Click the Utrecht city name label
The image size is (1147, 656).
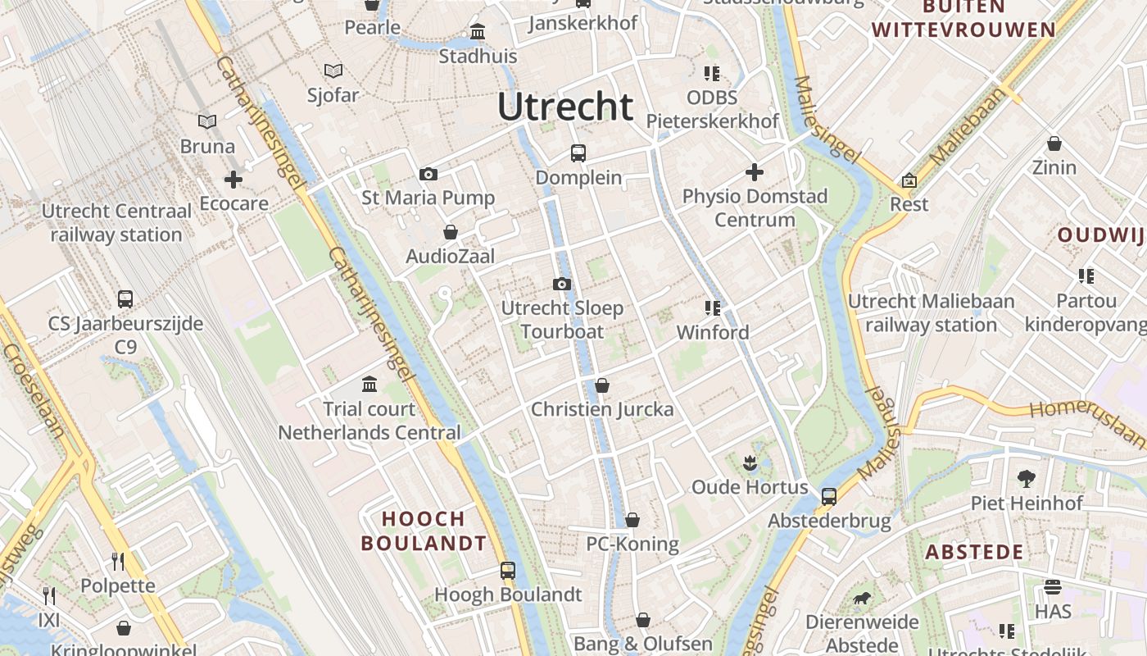click(x=565, y=107)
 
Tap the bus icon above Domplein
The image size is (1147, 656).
click(x=578, y=153)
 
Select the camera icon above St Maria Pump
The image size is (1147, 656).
click(x=428, y=174)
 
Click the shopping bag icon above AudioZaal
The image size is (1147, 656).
click(x=450, y=233)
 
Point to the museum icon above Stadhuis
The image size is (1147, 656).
click(x=478, y=32)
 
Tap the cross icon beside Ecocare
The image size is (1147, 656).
click(x=233, y=179)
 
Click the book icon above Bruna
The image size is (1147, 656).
click(x=207, y=122)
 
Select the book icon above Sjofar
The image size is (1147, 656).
click(x=333, y=71)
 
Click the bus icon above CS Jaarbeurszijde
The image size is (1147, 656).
click(x=125, y=299)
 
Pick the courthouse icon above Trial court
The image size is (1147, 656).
click(x=369, y=384)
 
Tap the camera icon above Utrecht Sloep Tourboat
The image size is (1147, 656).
click(x=561, y=285)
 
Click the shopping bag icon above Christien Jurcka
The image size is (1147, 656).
click(x=602, y=385)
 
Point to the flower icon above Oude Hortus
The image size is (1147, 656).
click(x=750, y=462)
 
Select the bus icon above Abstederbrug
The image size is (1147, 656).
click(x=829, y=496)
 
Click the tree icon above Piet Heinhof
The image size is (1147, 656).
click(x=1026, y=478)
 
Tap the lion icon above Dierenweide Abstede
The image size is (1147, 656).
click(x=862, y=598)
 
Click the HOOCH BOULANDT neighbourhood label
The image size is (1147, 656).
click(x=424, y=531)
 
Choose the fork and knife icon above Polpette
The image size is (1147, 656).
click(x=118, y=561)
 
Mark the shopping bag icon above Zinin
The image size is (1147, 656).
click(x=1054, y=143)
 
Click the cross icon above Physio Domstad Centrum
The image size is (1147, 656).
click(x=755, y=172)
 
